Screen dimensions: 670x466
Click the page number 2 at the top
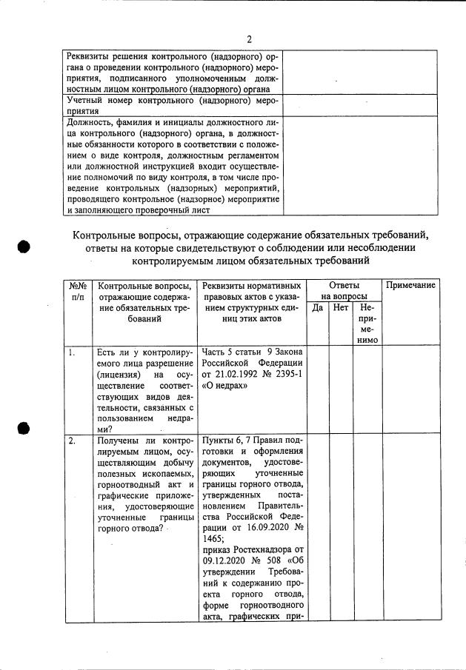click(249, 39)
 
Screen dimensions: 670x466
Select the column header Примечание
click(409, 286)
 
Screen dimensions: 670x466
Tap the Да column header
click(317, 306)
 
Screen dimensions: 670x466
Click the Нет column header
click(340, 306)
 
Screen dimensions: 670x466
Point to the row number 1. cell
click(72, 353)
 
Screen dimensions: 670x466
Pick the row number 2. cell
click(72, 442)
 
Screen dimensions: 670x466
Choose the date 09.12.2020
click(226, 562)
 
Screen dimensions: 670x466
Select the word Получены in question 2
click(119, 441)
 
